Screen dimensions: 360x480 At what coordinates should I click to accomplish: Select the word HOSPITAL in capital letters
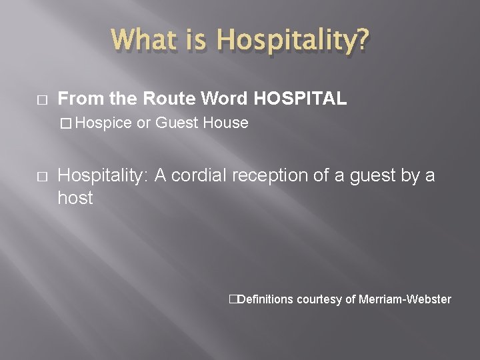click(300, 99)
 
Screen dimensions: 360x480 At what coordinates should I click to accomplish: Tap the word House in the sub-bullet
click(227, 123)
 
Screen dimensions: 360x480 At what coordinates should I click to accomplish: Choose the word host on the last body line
click(75, 198)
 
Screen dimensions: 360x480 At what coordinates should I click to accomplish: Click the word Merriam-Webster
click(405, 299)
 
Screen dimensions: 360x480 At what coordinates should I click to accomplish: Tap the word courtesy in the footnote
click(319, 299)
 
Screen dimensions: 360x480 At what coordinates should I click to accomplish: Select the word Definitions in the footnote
click(265, 299)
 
